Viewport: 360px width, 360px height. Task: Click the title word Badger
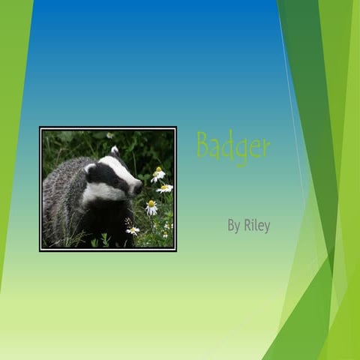233,147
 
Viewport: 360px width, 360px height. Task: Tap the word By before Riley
234,226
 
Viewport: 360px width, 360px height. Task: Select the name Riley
256,226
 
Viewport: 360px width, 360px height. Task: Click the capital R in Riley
247,225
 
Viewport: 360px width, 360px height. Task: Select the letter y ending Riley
266,228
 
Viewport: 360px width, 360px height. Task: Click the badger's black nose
138,187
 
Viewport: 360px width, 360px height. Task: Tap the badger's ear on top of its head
115,151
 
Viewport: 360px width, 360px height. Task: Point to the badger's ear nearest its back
90,169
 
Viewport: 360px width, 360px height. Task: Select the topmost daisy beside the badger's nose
157,175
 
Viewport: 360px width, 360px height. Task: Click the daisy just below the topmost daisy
164,188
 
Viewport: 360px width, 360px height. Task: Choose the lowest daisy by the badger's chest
133,230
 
